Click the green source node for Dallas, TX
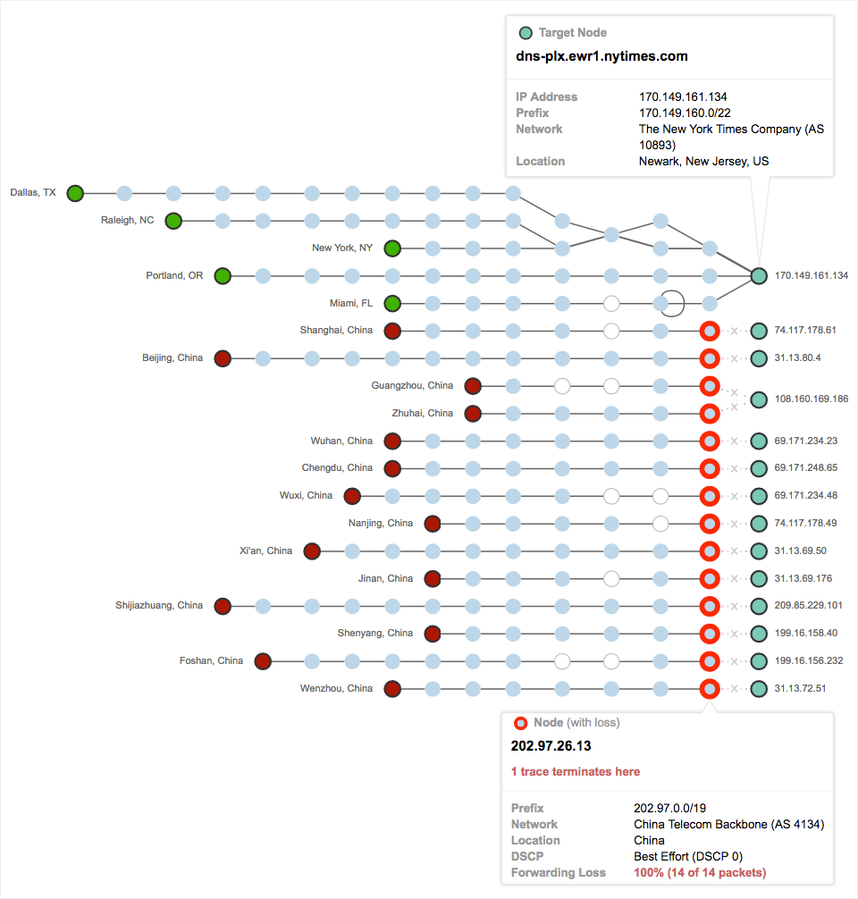point(75,193)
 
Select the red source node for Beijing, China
point(223,358)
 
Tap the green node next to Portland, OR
point(223,276)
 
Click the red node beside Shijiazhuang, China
point(223,606)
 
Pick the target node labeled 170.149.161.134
point(759,276)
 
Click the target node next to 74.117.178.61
point(759,331)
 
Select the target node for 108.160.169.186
point(759,399)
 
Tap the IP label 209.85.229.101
point(808,606)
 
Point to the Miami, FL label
point(351,304)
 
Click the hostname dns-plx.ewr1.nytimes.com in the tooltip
point(601,56)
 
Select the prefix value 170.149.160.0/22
point(685,113)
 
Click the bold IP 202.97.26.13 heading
point(551,745)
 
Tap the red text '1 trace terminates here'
point(576,771)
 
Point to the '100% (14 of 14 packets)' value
point(700,873)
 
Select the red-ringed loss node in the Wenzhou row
point(710,689)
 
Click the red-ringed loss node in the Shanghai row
point(710,331)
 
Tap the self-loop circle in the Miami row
point(674,303)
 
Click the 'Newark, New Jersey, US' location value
point(703,162)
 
